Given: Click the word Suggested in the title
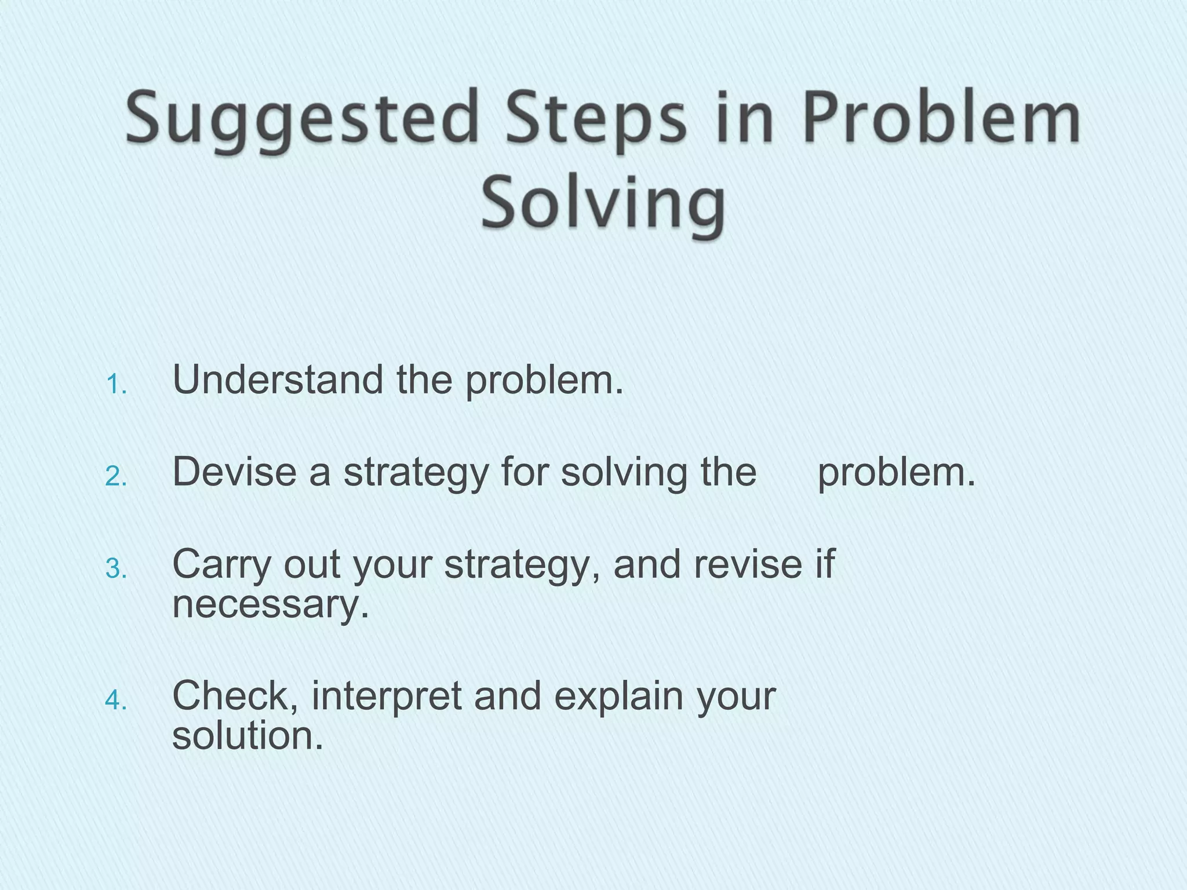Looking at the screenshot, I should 302,119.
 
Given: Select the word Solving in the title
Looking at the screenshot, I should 603,203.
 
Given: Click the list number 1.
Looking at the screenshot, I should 116,385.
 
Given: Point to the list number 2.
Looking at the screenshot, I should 116,477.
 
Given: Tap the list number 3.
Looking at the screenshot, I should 116,569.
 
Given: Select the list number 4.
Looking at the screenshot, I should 116,701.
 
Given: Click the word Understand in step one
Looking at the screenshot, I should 278,380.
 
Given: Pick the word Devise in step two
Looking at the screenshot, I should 235,472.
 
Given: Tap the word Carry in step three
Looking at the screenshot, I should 221,564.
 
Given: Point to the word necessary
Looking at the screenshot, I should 270,606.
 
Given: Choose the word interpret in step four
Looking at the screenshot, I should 387,696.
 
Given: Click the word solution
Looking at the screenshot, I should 247,736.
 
